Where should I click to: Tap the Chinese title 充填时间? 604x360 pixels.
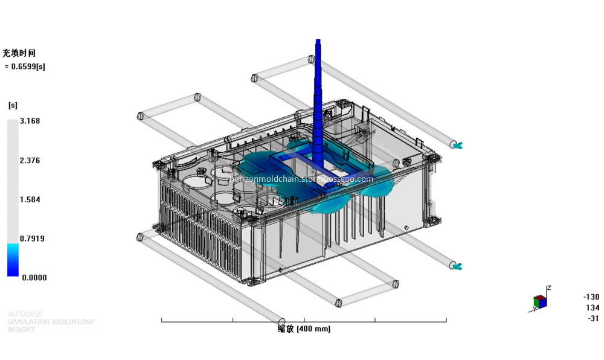(x=19, y=53)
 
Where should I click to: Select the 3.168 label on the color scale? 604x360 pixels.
(x=30, y=121)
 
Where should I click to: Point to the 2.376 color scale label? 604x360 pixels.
(x=30, y=161)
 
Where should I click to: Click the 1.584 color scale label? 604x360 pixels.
(x=30, y=199)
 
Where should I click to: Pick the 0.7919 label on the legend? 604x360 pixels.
(x=31, y=239)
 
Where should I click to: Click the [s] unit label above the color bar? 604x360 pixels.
(x=12, y=105)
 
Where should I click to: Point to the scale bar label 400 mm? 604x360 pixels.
(x=304, y=329)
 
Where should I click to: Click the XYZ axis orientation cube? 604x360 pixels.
(x=540, y=301)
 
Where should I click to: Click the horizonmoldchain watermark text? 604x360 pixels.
(x=302, y=179)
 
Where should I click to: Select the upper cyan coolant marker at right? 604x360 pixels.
(x=457, y=144)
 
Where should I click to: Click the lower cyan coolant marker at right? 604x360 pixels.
(x=457, y=265)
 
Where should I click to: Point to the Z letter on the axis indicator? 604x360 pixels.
(x=548, y=288)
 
